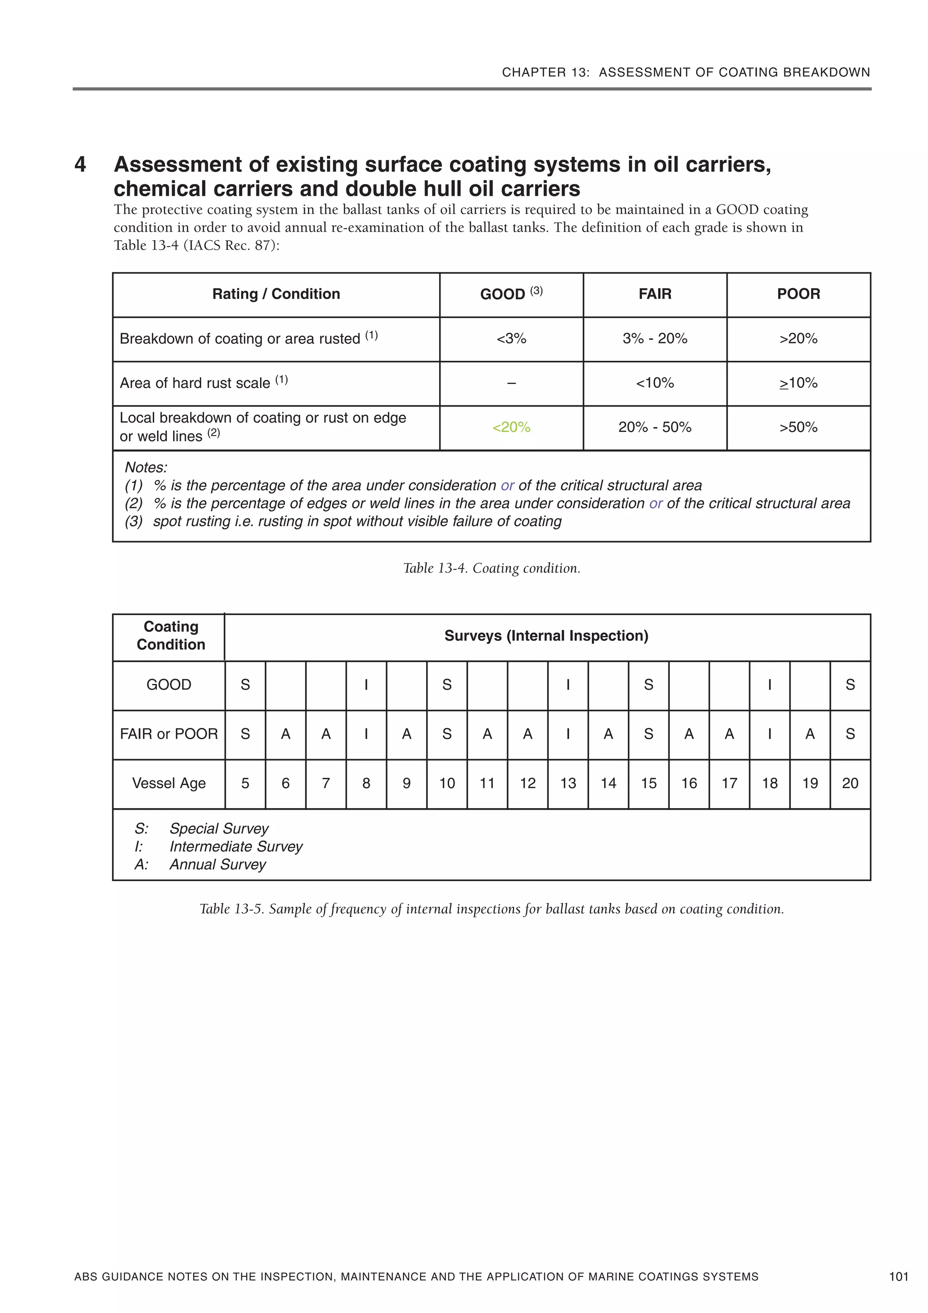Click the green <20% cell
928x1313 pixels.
(511, 427)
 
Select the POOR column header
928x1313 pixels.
(798, 294)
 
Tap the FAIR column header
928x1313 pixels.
(655, 294)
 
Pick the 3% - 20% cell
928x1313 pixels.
(655, 339)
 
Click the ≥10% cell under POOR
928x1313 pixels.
(798, 383)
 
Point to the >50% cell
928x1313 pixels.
(798, 427)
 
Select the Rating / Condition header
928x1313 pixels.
(276, 294)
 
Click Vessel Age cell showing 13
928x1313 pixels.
(568, 784)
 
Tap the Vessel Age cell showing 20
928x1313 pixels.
(850, 784)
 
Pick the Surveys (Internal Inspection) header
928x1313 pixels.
(546, 636)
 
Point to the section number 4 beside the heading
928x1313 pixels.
(80, 165)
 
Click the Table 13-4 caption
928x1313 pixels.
(492, 568)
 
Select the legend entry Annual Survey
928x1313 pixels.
(217, 865)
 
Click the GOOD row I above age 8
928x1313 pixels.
(366, 685)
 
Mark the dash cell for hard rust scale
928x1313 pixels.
(511, 383)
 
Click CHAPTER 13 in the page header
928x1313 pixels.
(545, 73)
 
